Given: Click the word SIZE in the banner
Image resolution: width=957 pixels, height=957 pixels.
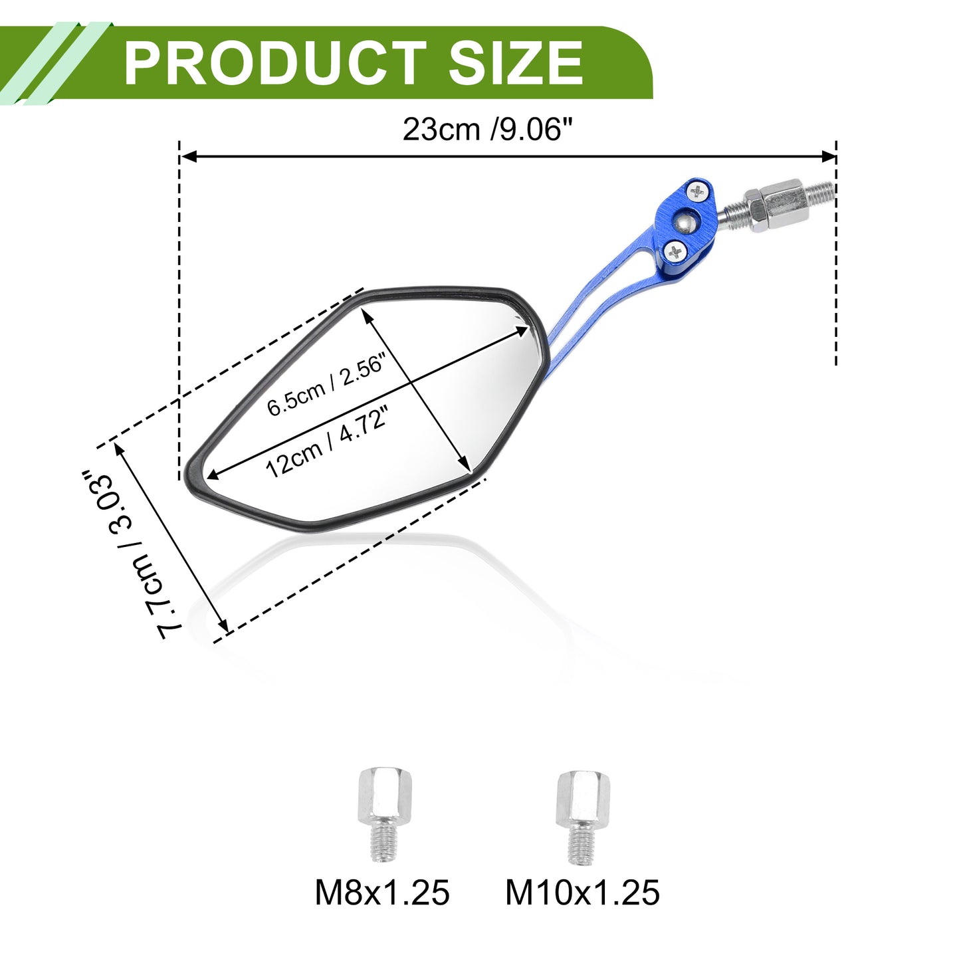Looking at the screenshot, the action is coord(515,63).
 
